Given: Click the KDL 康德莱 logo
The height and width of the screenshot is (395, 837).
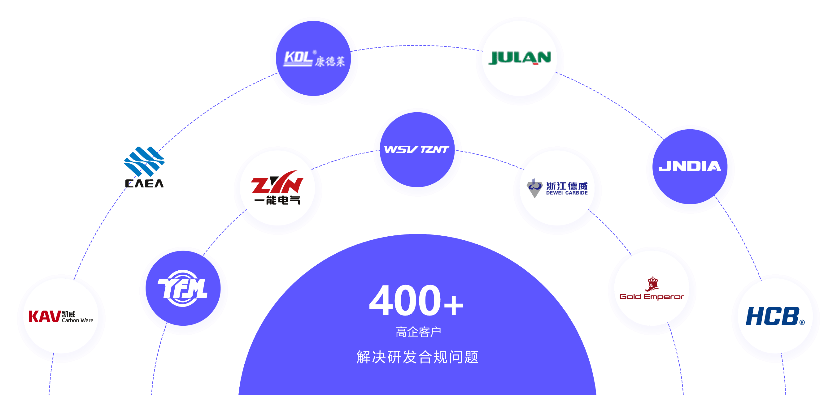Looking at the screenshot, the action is click(x=314, y=58).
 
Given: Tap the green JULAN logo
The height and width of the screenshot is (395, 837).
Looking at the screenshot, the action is click(x=520, y=58).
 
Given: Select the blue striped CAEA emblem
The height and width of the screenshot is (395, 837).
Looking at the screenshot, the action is click(x=144, y=161).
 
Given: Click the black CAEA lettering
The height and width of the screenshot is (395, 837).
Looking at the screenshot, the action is click(x=144, y=183).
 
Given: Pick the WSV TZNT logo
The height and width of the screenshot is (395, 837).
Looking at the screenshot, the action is click(x=417, y=149).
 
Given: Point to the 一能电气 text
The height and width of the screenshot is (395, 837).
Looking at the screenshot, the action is click(x=277, y=200).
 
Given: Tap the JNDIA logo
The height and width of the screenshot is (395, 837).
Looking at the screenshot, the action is click(x=690, y=166).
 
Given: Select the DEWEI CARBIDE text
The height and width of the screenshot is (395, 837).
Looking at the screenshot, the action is click(x=567, y=193).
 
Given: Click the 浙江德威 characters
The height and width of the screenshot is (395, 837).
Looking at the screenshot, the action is click(x=567, y=186).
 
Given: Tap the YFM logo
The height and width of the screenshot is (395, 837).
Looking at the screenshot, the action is click(x=183, y=288).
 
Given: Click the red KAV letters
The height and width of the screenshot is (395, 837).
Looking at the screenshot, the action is click(x=45, y=316).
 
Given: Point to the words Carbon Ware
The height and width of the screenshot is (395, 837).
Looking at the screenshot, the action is click(x=78, y=320).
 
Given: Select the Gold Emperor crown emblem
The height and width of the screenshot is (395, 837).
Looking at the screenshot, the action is click(x=652, y=284).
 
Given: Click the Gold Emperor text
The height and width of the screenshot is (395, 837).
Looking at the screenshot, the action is click(x=652, y=297).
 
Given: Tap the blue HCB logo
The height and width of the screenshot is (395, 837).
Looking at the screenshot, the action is click(x=775, y=316).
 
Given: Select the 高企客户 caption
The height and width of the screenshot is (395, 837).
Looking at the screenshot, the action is click(x=418, y=332).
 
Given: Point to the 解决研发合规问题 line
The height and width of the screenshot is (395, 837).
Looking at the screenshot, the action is click(x=417, y=357).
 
